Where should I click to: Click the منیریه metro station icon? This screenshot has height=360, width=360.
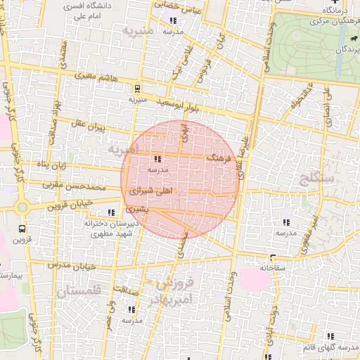(137, 89)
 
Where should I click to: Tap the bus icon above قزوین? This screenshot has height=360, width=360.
(22, 229)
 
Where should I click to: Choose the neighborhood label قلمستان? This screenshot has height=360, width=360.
(79, 290)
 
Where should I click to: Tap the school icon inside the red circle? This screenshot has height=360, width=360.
(156, 160)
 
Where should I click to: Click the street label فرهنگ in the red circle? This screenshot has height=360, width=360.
(219, 158)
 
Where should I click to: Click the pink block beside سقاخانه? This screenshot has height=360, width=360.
(255, 280)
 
